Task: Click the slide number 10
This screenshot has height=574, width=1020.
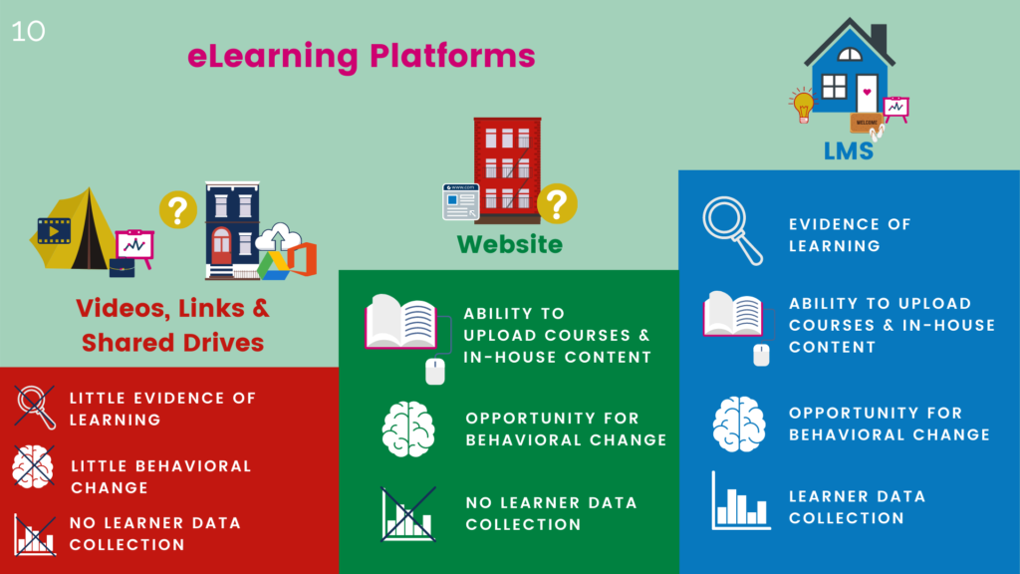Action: coord(29,31)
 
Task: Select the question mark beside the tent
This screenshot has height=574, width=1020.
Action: coord(177,210)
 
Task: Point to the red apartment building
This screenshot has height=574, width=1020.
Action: coord(506,163)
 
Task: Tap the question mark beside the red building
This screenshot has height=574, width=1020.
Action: coord(556,203)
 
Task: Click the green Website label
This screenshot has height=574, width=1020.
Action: coord(509,244)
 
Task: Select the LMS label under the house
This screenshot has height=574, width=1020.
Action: coord(849,151)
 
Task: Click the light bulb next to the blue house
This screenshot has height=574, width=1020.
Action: coord(802,103)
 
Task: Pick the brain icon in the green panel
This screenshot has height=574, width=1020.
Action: coord(408,430)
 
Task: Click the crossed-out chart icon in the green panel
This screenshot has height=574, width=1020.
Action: coord(408,513)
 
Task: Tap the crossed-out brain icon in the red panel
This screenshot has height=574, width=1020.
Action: coord(34,466)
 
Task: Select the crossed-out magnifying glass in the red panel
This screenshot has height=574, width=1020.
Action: coord(34,407)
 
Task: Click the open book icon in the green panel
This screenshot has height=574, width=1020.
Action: coord(401,324)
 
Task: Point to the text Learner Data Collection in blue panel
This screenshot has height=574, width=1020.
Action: coord(857,506)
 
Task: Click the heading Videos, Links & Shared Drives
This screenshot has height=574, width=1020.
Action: coord(173,325)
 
